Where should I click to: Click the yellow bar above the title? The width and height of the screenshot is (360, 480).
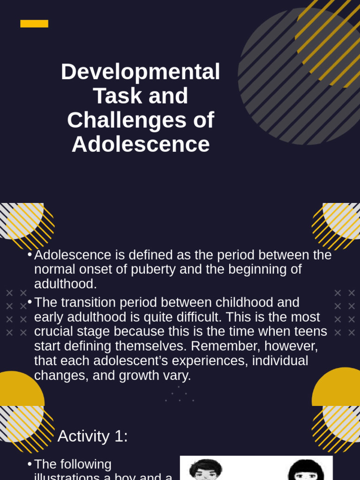coord(34,23)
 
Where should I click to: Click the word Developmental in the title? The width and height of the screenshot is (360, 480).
coord(141,72)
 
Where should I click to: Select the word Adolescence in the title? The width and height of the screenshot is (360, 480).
coord(141,144)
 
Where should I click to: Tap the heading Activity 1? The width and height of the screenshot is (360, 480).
coord(93,436)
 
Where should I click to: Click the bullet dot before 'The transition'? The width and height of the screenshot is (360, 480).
coord(30,302)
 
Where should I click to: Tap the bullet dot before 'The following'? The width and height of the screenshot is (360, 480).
coord(30,464)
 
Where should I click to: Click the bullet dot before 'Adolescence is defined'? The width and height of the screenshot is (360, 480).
coord(30,255)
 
